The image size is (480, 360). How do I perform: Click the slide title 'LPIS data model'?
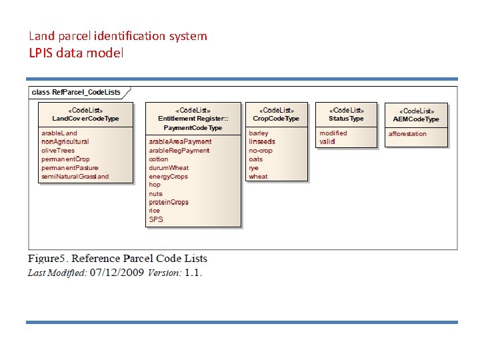point(76,53)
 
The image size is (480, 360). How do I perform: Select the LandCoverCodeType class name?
point(85,118)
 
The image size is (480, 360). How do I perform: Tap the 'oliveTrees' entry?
point(58,151)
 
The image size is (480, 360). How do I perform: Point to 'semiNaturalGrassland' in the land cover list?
point(75,177)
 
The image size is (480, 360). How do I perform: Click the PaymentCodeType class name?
point(193,127)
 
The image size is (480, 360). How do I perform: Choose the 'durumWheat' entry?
point(169,168)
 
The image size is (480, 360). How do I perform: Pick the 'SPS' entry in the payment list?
point(156,219)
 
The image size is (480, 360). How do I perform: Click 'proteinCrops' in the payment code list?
point(169,202)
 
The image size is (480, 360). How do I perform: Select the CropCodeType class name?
point(276,118)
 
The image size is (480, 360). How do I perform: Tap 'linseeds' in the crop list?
point(262,141)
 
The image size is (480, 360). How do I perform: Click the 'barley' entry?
point(259,133)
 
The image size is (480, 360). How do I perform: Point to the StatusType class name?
point(346,118)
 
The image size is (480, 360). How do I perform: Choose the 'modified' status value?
point(333,133)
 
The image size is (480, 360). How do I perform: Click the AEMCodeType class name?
point(416,119)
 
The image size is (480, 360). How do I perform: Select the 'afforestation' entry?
point(408,134)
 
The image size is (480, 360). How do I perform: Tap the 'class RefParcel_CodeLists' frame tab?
point(77,92)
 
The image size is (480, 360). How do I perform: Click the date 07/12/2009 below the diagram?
point(117,273)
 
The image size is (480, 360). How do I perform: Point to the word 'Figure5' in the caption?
point(47,259)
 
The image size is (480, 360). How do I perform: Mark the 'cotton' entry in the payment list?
point(159,159)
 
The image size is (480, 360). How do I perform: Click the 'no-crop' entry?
point(261,151)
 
